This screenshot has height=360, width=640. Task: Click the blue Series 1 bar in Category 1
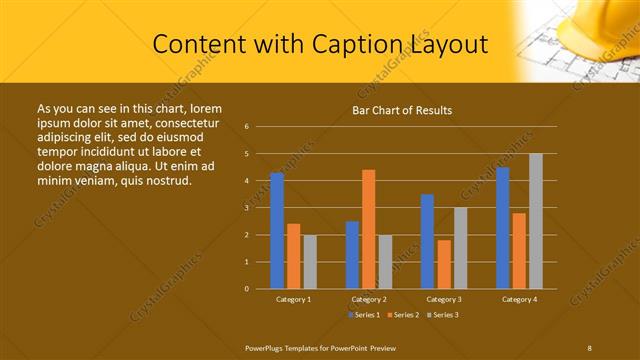pyautogui.click(x=277, y=231)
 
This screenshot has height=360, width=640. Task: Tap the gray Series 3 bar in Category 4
pyautogui.click(x=536, y=221)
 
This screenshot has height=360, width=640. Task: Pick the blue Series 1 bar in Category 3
pyautogui.click(x=427, y=241)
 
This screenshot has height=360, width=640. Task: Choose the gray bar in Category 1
pyautogui.click(x=310, y=262)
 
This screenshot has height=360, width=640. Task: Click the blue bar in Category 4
pyautogui.click(x=502, y=228)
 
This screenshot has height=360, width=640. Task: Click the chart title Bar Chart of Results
pyautogui.click(x=402, y=110)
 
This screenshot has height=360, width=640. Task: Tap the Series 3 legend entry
pyautogui.click(x=442, y=315)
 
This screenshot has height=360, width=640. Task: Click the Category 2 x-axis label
pyautogui.click(x=369, y=299)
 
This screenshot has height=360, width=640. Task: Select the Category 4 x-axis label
pyautogui.click(x=519, y=299)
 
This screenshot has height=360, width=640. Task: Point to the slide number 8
pyautogui.click(x=590, y=347)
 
